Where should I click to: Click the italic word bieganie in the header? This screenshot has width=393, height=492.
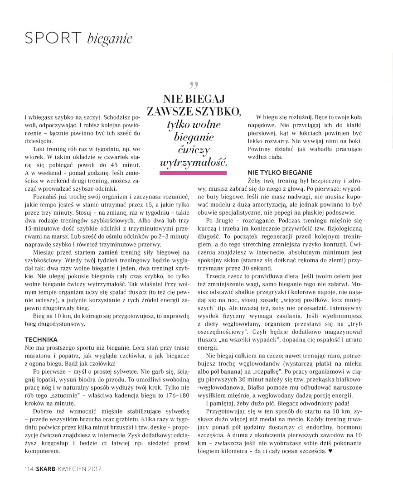(109, 39)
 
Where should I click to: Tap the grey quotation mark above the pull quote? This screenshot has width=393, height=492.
(194, 85)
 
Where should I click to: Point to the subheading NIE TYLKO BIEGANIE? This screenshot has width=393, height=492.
(280, 173)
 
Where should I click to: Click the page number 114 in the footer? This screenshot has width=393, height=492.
(29, 468)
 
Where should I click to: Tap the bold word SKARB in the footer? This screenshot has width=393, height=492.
(45, 468)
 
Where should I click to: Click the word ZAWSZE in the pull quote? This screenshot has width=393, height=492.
(170, 111)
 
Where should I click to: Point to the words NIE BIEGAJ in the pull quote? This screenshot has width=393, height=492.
(194, 98)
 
